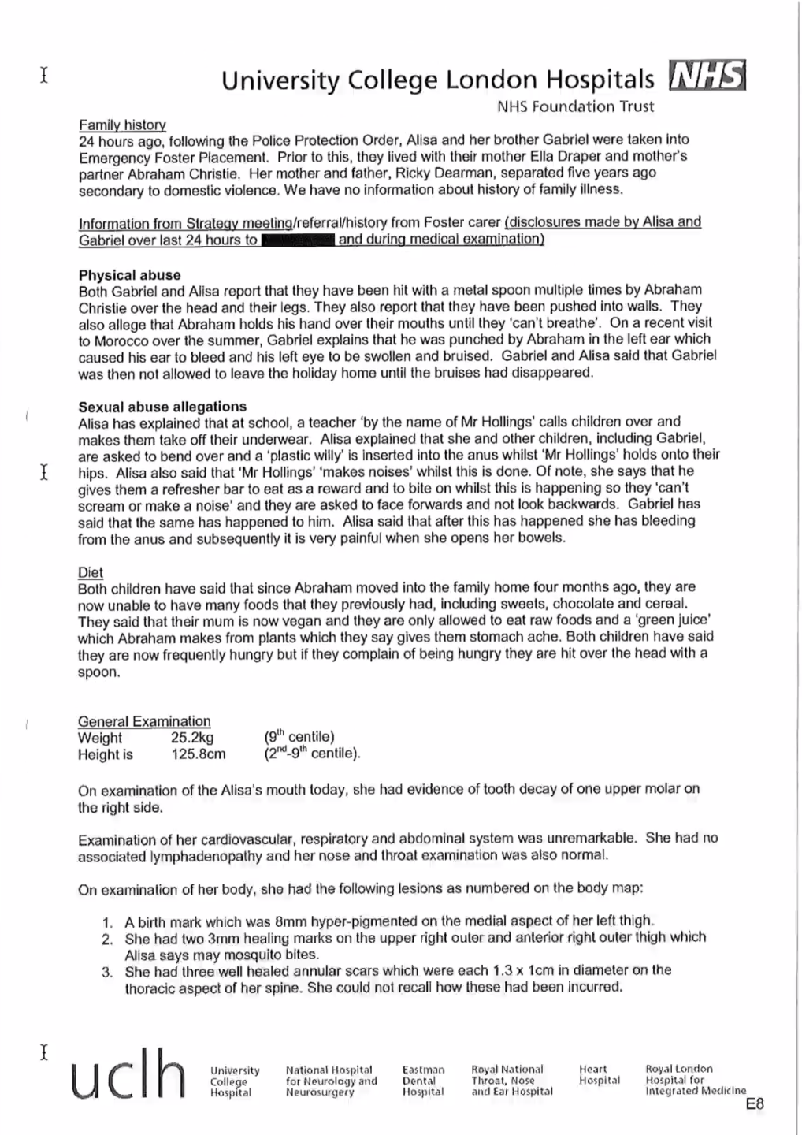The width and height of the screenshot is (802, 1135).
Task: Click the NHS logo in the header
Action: tap(707, 77)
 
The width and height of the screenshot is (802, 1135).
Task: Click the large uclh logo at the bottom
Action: tap(129, 1074)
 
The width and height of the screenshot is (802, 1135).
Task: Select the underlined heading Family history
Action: tap(122, 125)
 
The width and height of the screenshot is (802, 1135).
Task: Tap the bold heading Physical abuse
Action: tap(129, 275)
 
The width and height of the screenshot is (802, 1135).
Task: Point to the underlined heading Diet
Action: tap(91, 572)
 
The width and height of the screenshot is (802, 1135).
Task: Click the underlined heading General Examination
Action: tap(144, 721)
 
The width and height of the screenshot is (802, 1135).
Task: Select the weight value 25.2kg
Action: tap(192, 738)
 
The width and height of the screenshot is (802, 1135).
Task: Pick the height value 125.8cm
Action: tap(199, 754)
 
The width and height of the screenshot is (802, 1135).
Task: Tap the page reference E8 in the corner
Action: tap(754, 1104)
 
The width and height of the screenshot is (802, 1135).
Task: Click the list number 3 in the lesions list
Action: tap(107, 971)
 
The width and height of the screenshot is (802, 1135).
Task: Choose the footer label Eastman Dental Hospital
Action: tap(423, 1081)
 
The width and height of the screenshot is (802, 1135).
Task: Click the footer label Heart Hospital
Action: tap(599, 1074)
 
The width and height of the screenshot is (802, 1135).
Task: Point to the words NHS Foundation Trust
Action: tap(575, 106)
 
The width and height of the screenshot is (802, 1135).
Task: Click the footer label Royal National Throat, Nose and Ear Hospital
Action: tap(511, 1081)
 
